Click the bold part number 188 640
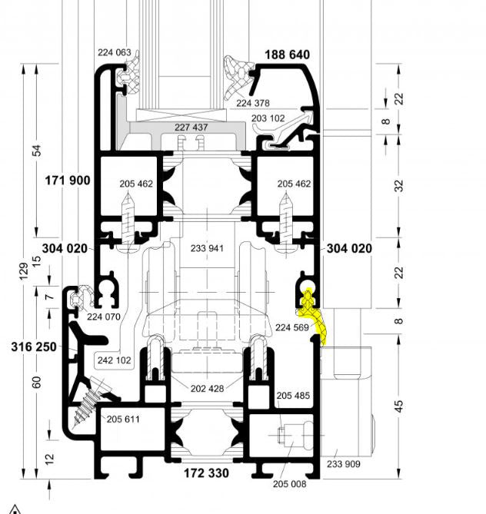pos(287,55)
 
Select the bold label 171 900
pos(67,181)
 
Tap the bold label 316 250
pos(34,347)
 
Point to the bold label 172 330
pos(206,473)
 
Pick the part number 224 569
pos(292,327)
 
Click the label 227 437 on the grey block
pos(191,128)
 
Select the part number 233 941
pos(207,248)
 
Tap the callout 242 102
pos(115,360)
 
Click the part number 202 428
pos(207,389)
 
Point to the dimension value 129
pos(24,271)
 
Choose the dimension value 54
pos(38,151)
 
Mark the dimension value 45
pos(398,406)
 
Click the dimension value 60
pos(37,382)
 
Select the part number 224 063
pos(115,52)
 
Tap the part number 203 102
pos(268,118)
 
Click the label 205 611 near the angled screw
pos(123,419)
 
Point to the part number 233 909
pos(343,464)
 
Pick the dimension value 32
pos(399,186)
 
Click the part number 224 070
pos(104,317)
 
